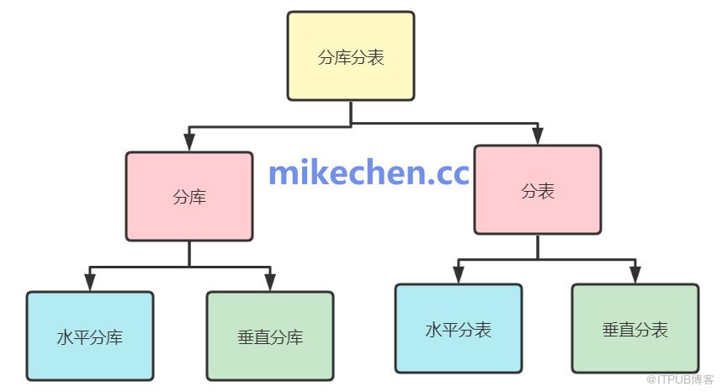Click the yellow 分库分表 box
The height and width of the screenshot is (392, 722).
351,56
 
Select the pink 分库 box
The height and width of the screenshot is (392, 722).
189,197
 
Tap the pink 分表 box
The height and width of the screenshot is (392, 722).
538,190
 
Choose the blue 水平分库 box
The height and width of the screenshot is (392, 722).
90,336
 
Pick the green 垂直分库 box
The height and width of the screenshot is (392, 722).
270,336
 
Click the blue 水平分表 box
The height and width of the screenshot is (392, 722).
459,329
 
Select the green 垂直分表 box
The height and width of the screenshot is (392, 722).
635,329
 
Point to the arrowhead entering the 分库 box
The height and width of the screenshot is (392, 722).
189,142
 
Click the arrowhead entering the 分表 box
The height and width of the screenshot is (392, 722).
538,136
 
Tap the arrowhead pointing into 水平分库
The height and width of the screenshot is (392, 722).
90,282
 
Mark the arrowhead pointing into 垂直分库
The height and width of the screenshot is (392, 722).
270,282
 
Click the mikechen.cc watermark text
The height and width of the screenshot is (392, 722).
369,172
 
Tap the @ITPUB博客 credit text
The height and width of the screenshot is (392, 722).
680,379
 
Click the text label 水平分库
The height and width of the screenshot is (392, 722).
90,337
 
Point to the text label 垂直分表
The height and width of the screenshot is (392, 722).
635,330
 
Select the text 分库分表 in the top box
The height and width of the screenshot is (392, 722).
351,57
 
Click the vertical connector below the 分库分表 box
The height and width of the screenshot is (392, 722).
351,113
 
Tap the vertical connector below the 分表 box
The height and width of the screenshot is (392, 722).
538,247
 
